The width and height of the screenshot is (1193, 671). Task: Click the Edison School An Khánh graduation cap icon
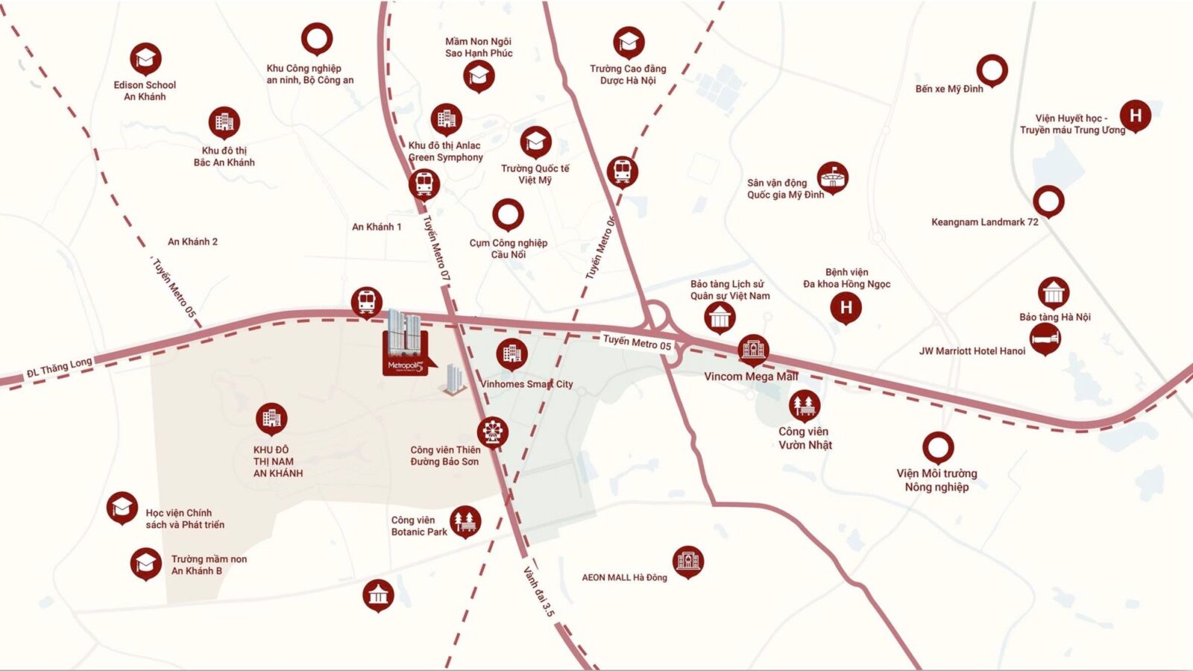(x=145, y=58)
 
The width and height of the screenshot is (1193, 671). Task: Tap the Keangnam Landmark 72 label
(x=984, y=222)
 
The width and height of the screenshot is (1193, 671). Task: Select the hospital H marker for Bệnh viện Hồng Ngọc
(x=846, y=307)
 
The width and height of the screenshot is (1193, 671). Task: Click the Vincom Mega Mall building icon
(x=753, y=349)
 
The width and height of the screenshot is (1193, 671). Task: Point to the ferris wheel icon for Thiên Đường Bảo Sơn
(x=493, y=431)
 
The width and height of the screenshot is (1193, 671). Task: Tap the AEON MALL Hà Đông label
(x=624, y=577)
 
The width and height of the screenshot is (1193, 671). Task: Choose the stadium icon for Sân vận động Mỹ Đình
(x=832, y=177)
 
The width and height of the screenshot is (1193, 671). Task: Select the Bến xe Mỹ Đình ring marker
(x=992, y=70)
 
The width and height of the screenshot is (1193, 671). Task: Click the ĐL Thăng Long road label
(x=60, y=368)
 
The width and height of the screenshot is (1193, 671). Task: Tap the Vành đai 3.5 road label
(x=539, y=592)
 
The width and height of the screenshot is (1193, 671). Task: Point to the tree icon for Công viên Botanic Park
(x=465, y=520)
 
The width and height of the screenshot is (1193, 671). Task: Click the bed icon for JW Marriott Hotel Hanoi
(x=1045, y=339)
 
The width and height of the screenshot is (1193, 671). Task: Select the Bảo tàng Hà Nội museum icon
(x=1053, y=293)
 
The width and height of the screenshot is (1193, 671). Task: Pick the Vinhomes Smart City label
(x=526, y=384)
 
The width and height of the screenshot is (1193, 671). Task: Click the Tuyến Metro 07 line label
(x=438, y=248)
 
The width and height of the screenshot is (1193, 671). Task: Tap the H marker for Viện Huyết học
(x=1136, y=115)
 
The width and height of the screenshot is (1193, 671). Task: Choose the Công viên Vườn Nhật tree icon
(x=805, y=406)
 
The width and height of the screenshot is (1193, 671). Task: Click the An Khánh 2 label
(x=192, y=242)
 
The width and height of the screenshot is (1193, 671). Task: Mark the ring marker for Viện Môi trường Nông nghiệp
(x=937, y=447)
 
